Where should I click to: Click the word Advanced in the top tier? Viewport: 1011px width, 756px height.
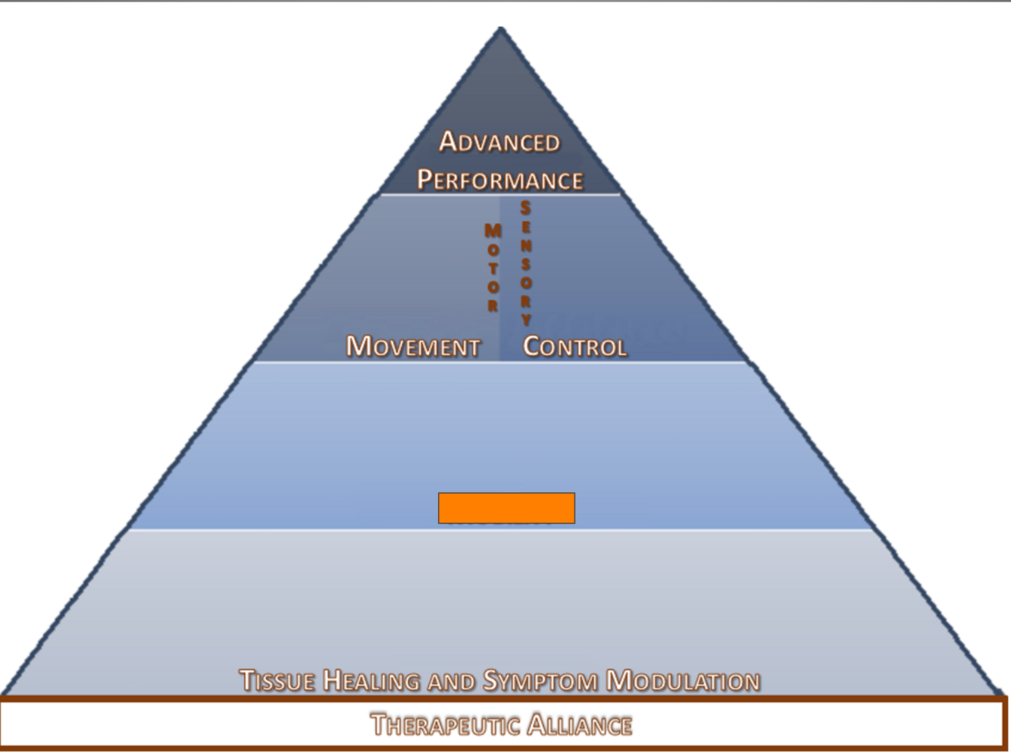click(499, 142)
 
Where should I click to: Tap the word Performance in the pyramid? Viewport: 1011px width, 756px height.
click(500, 180)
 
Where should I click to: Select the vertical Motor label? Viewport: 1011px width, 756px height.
click(493, 268)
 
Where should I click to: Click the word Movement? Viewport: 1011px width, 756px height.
click(413, 347)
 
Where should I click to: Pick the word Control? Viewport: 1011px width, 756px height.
click(574, 347)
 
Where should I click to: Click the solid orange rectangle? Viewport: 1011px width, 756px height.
click(506, 508)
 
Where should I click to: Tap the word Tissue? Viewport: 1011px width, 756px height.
click(277, 680)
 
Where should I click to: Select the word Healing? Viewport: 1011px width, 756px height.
click(371, 680)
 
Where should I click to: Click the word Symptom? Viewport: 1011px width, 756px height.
click(541, 680)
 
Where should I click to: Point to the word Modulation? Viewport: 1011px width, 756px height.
click(683, 680)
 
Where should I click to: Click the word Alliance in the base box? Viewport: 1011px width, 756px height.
click(580, 724)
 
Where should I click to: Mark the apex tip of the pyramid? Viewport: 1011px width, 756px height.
click(501, 29)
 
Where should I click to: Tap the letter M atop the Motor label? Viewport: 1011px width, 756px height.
click(493, 230)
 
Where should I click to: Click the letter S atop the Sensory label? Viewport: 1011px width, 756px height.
click(525, 208)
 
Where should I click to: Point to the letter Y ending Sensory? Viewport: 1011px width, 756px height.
click(526, 319)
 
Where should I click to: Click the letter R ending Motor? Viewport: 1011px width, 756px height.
click(493, 306)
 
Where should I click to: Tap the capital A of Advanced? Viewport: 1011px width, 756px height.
click(448, 141)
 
